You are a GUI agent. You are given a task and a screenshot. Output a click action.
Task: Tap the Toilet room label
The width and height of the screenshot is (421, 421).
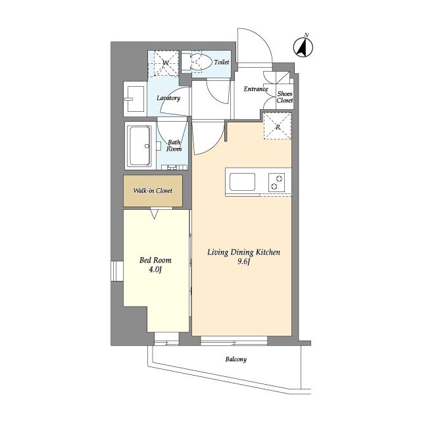(222, 62)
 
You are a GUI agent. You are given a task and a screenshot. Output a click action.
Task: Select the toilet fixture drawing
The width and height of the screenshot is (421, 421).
(196, 62)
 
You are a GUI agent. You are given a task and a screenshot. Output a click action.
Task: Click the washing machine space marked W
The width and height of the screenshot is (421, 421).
(164, 62)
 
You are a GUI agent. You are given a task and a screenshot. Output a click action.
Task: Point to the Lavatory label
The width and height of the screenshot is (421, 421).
(168, 98)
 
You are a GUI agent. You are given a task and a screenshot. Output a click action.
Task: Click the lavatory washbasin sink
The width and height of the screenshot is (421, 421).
(135, 99)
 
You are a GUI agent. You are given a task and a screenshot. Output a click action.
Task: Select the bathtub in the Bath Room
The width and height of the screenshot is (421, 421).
(140, 146)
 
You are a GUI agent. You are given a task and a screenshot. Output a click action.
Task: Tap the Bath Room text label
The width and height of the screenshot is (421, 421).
(174, 145)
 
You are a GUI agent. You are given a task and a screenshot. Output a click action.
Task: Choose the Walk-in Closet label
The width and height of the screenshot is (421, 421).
(153, 191)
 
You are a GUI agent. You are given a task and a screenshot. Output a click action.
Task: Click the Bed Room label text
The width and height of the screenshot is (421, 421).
(155, 260)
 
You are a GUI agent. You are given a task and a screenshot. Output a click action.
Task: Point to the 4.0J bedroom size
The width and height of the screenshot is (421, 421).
(155, 270)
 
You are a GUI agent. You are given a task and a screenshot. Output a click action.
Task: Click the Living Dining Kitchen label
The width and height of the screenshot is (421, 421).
(243, 253)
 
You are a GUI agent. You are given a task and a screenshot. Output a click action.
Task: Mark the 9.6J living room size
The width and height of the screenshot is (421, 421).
(243, 262)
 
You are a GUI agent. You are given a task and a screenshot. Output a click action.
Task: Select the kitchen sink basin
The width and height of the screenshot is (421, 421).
(242, 182)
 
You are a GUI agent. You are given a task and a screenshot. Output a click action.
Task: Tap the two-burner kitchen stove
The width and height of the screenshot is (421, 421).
(276, 182)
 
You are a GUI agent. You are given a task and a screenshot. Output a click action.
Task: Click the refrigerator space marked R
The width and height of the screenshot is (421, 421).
(278, 126)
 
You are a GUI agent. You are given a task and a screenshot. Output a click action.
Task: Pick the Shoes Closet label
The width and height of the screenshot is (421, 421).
(285, 97)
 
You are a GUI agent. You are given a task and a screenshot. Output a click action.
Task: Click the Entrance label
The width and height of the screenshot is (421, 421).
(256, 89)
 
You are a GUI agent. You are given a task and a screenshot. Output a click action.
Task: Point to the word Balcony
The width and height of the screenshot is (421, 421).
(236, 359)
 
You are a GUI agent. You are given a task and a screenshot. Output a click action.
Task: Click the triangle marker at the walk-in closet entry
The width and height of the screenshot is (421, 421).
(154, 214)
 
